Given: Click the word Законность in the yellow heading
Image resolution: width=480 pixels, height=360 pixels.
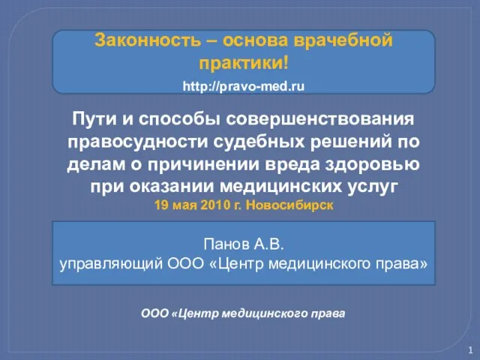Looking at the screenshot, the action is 147,40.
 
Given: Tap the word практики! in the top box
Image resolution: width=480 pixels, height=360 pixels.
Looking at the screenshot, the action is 243,64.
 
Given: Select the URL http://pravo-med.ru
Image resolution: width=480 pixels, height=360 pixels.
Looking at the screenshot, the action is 244,86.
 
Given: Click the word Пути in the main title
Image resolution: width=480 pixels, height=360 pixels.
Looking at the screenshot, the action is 94,118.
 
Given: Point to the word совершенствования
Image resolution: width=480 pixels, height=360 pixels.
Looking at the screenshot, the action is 320,119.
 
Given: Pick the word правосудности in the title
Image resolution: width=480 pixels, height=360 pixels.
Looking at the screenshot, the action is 138,142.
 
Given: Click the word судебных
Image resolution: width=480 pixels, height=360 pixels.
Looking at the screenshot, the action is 259,142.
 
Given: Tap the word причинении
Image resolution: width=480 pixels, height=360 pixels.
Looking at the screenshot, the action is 203,164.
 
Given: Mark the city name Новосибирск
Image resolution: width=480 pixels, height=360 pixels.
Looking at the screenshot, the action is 289,205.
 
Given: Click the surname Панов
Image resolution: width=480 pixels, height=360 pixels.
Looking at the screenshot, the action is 226,244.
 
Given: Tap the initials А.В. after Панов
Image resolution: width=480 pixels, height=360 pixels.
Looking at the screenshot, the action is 268,244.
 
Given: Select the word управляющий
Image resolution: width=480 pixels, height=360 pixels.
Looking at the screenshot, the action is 111,264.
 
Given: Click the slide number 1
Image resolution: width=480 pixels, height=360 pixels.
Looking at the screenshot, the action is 470,350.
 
